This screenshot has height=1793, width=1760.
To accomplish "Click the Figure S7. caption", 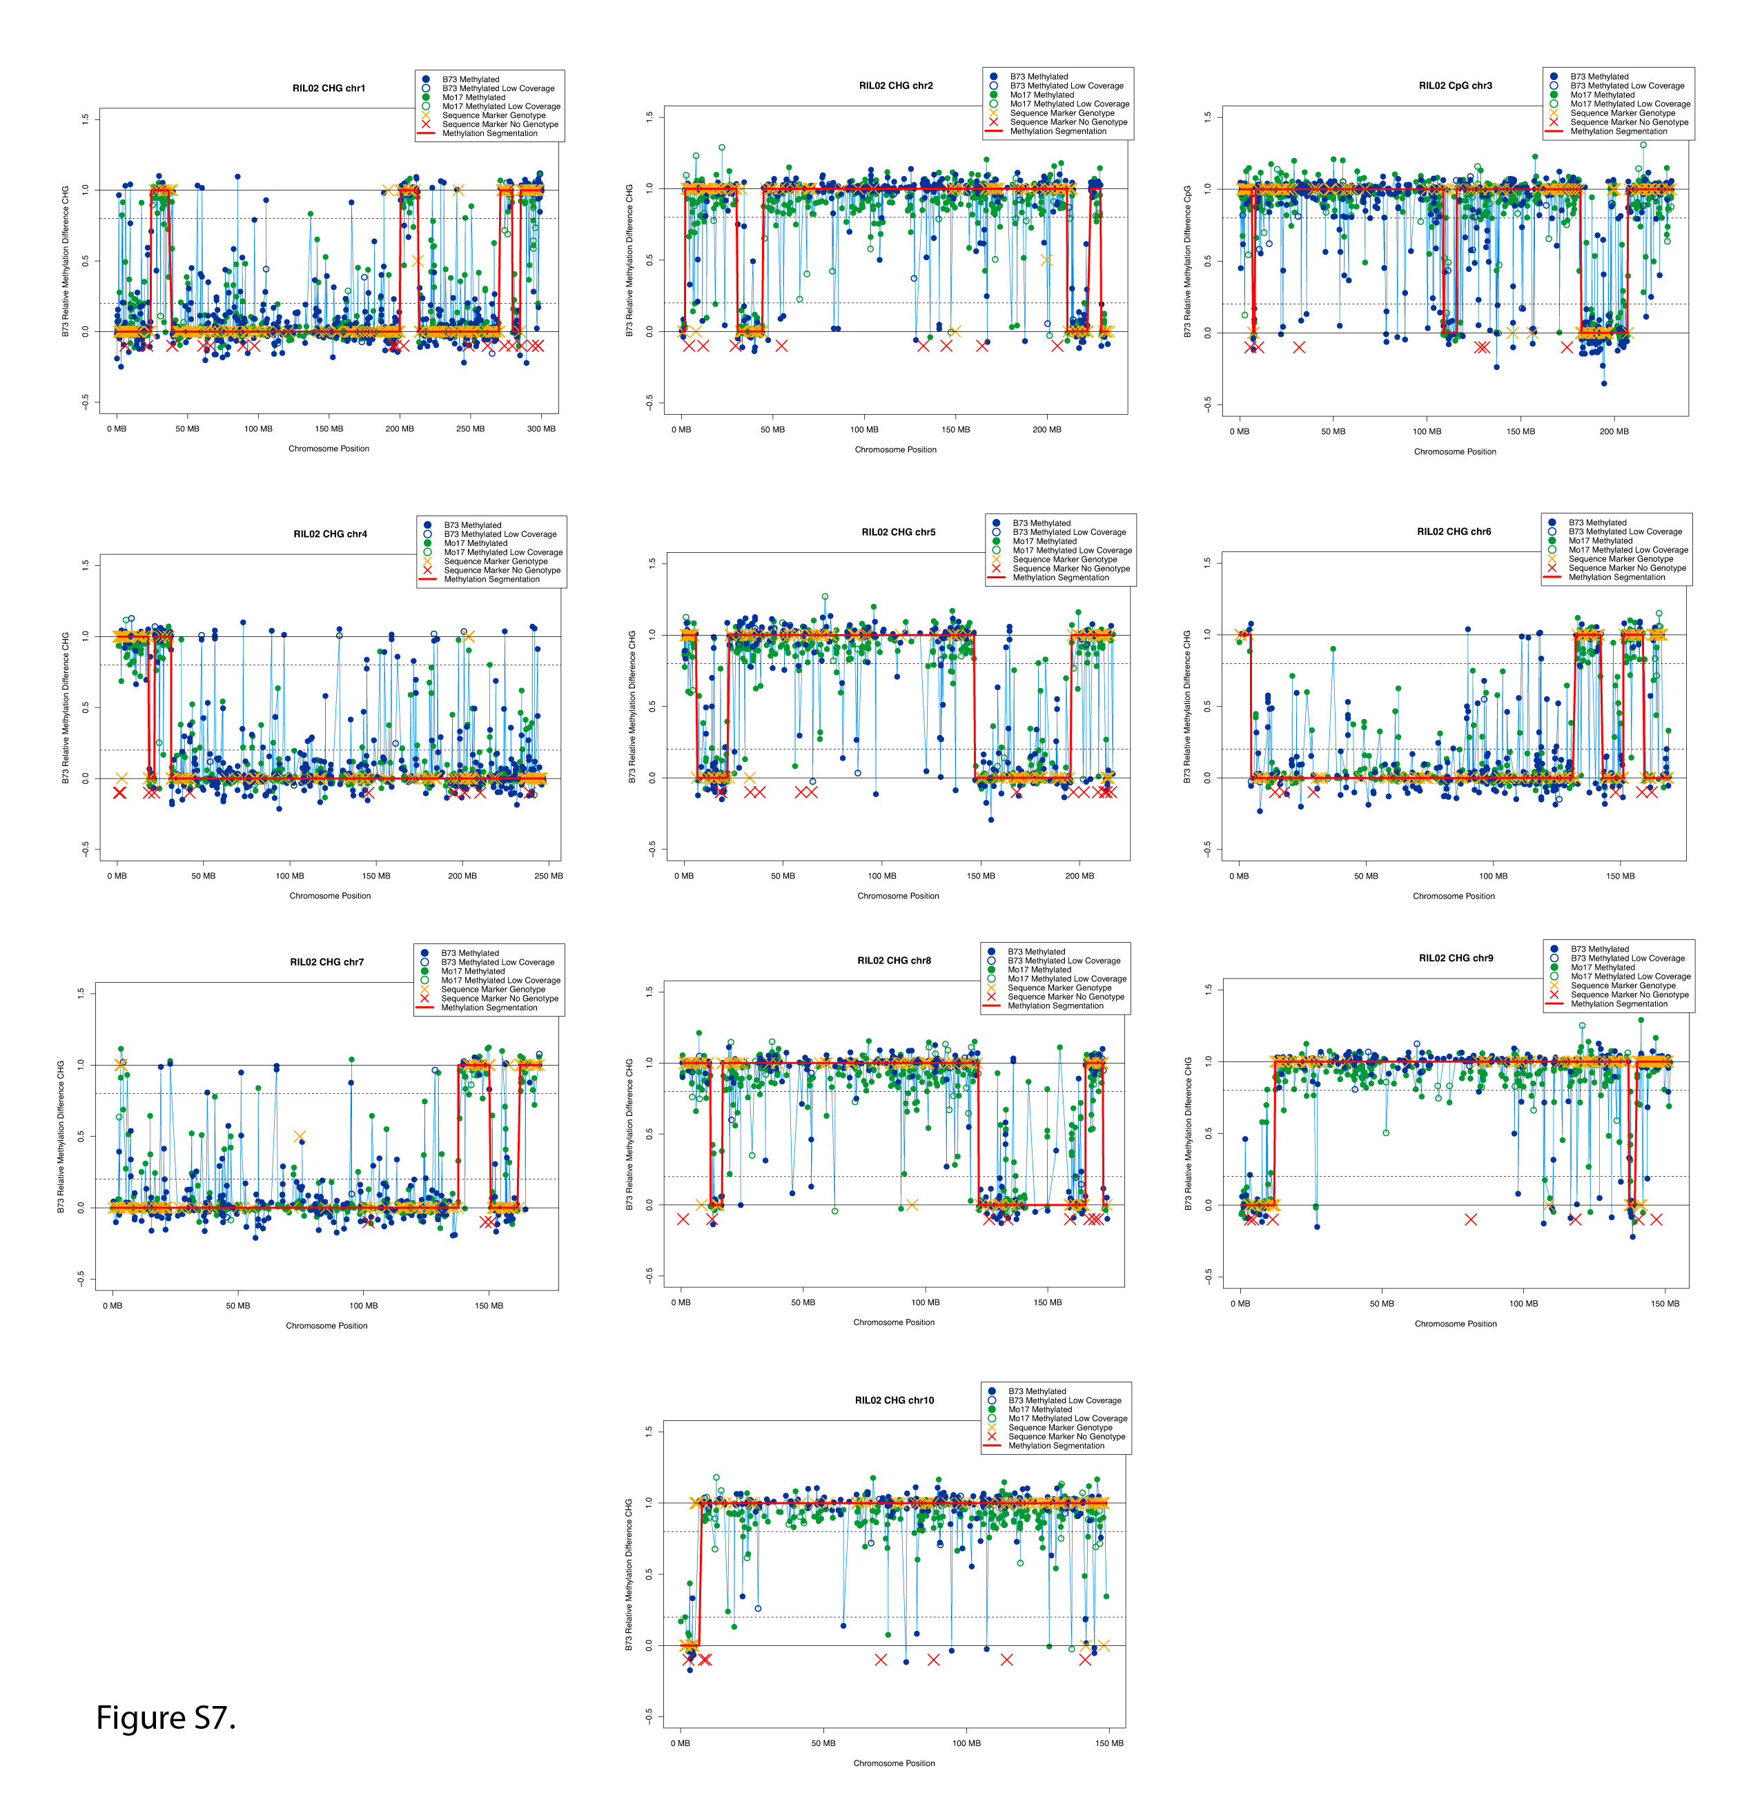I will pyautogui.click(x=166, y=1717).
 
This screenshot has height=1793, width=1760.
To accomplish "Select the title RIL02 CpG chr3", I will pyautogui.click(x=1455, y=86).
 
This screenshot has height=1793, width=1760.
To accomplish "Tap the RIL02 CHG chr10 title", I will pyautogui.click(x=894, y=1400).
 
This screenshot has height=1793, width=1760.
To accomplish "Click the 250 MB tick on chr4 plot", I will pyautogui.click(x=548, y=876).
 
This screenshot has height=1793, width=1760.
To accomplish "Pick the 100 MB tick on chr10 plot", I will pyautogui.click(x=966, y=1743).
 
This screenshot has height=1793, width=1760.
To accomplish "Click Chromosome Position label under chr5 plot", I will pyautogui.click(x=897, y=896).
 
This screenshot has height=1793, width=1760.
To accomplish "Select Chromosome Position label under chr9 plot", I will pyautogui.click(x=1455, y=1324).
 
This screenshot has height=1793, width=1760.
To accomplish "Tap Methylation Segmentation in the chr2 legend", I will pyautogui.click(x=1057, y=131).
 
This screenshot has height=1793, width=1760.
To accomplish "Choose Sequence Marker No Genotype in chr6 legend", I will pyautogui.click(x=1627, y=569).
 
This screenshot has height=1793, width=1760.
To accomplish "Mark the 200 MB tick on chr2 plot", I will pyautogui.click(x=1046, y=430).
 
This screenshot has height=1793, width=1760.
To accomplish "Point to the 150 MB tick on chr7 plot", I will pyautogui.click(x=489, y=1306).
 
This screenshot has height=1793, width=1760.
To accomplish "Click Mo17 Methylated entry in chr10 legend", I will pyautogui.click(x=1040, y=1409).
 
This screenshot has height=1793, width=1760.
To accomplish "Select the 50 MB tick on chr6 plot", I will pyautogui.click(x=1365, y=876).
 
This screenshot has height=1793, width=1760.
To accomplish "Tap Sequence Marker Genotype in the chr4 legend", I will pyautogui.click(x=496, y=561).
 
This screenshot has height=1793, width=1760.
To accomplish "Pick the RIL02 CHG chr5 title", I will pyautogui.click(x=897, y=532).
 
